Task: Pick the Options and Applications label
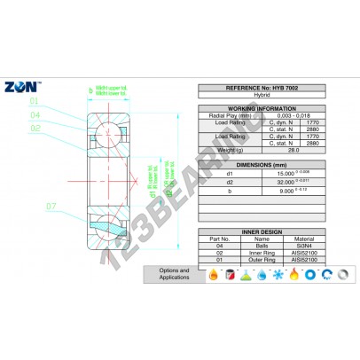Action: [175, 274]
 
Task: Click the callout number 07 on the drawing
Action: [51, 207]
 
